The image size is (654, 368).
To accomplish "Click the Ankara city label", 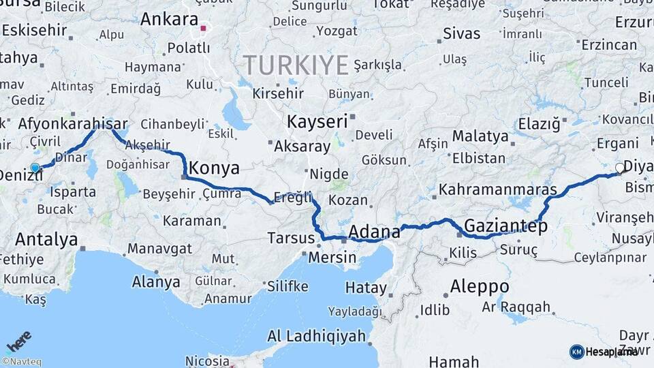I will pyautogui.click(x=168, y=19).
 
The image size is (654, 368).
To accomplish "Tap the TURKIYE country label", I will pyautogui.click(x=296, y=65).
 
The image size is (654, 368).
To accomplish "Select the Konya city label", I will pyautogui.click(x=214, y=168).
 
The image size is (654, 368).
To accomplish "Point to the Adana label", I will pyautogui.click(x=374, y=232).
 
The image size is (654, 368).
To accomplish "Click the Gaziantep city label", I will pyautogui.click(x=505, y=226).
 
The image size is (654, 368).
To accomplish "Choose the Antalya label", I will pyautogui.click(x=46, y=240).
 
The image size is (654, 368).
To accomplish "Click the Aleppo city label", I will pyautogui.click(x=480, y=286).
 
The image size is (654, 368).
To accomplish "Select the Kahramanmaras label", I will pyautogui.click(x=498, y=189).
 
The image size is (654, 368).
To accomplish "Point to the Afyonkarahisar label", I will pyautogui.click(x=73, y=124).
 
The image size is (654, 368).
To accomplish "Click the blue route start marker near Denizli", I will pyautogui.click(x=35, y=168).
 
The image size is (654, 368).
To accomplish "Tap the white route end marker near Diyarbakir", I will pyautogui.click(x=620, y=168).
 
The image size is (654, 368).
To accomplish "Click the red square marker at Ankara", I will pyautogui.click(x=203, y=29).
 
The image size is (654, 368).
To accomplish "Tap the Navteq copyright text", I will pyautogui.click(x=21, y=362).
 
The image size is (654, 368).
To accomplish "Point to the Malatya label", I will pyautogui.click(x=480, y=136).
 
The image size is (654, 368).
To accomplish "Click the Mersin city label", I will pyautogui.click(x=332, y=258).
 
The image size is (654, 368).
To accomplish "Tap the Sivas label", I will pyautogui.click(x=461, y=33).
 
